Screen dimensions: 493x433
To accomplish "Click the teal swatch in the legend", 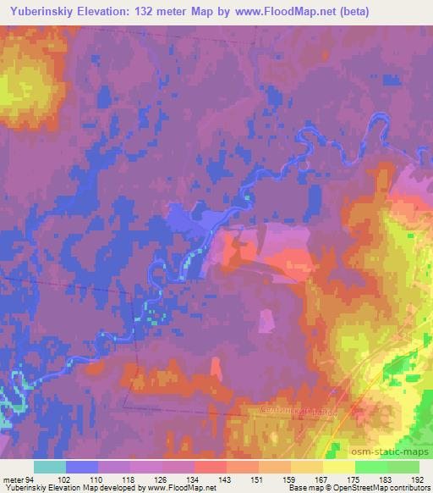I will point(49,467).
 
